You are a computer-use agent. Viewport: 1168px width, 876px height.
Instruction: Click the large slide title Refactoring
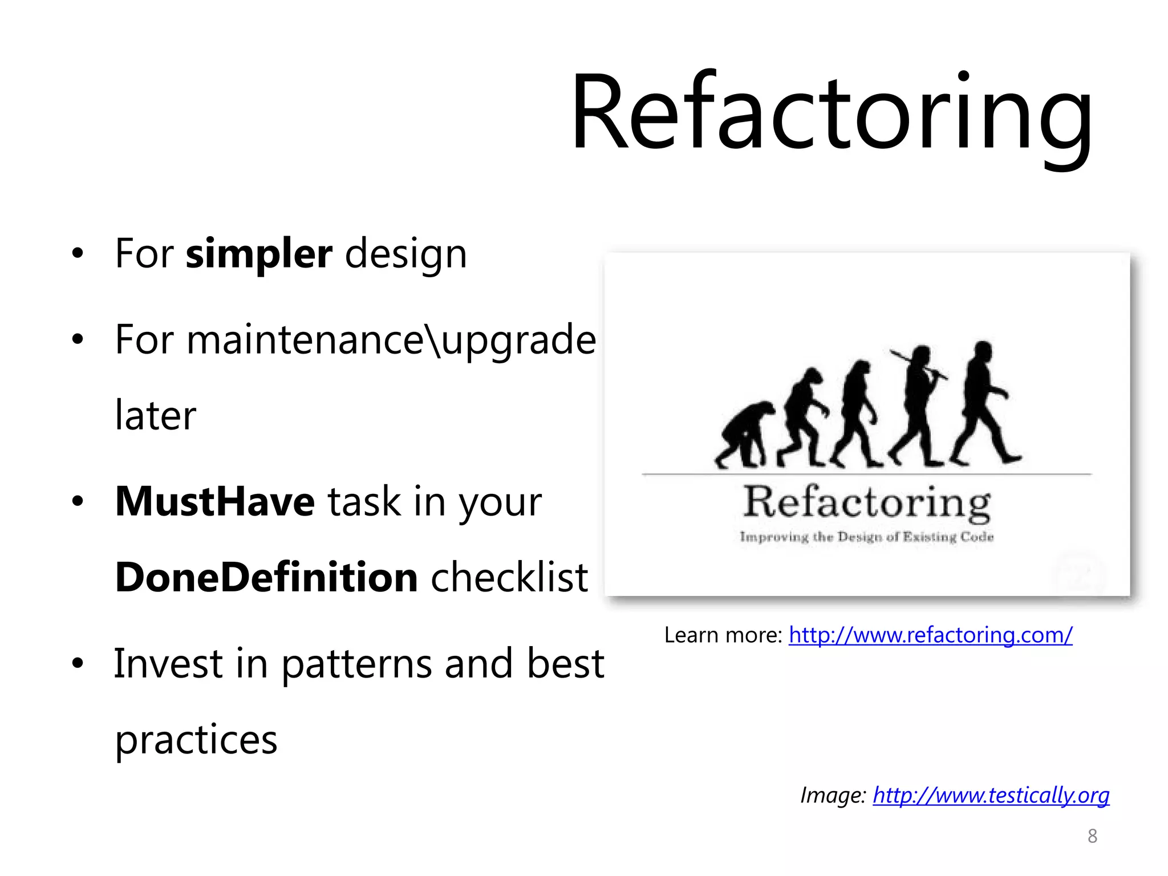click(832, 114)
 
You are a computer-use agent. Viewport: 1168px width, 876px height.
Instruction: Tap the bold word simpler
click(258, 254)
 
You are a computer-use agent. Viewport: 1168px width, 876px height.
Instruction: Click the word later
click(155, 415)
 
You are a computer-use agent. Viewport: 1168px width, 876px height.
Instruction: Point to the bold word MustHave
click(214, 502)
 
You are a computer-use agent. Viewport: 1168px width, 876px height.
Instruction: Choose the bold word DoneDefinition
click(267, 577)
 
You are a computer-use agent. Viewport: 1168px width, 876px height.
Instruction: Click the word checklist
click(509, 577)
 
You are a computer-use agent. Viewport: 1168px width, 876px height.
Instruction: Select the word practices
click(196, 739)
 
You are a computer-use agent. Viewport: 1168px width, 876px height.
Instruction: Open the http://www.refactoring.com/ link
click(930, 635)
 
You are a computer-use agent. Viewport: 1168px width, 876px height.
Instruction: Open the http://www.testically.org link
click(991, 795)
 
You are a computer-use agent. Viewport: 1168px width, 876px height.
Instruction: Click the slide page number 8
click(1092, 836)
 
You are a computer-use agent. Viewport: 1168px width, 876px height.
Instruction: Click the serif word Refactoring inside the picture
click(866, 503)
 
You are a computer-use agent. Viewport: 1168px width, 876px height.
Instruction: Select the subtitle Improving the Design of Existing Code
click(866, 537)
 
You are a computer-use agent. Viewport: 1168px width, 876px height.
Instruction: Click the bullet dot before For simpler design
click(78, 254)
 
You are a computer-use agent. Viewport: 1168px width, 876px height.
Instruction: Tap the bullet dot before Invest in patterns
click(78, 664)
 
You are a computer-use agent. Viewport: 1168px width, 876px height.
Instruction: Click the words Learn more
click(723, 635)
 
